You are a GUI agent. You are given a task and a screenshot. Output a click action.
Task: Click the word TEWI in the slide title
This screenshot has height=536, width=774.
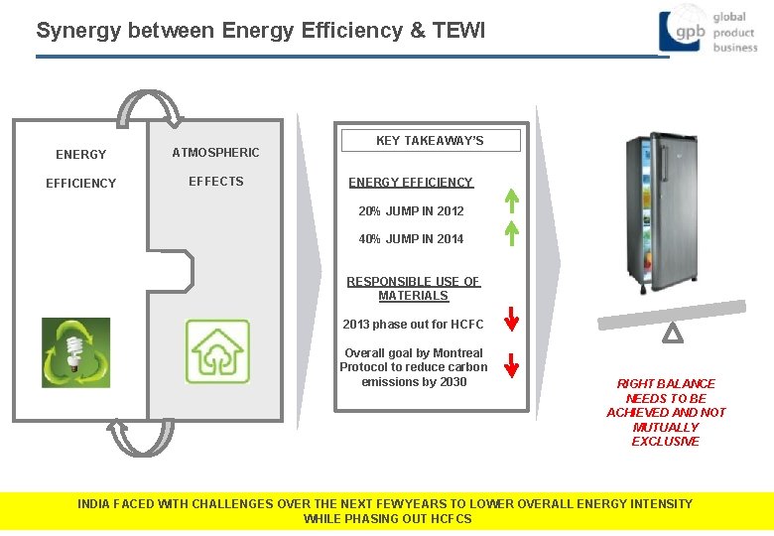tap(459, 31)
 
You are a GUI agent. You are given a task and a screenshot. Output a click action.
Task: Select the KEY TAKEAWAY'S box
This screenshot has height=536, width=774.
tap(430, 140)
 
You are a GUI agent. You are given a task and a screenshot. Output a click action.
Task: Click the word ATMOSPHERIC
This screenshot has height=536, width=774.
tap(215, 152)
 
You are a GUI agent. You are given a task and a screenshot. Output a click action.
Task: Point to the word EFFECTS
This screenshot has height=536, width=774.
tap(215, 182)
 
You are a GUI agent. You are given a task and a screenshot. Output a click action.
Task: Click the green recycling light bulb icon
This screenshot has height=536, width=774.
tap(75, 352)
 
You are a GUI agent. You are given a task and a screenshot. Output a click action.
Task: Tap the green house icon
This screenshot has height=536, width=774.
tap(218, 351)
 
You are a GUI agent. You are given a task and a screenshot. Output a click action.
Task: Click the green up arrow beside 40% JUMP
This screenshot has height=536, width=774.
tap(511, 232)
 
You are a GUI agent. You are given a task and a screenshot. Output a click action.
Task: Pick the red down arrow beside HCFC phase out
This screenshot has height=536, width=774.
tap(511, 320)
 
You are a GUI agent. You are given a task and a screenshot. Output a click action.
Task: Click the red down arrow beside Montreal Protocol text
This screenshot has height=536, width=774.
tap(511, 366)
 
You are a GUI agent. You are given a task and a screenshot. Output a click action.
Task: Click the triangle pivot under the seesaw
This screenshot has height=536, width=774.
tap(672, 335)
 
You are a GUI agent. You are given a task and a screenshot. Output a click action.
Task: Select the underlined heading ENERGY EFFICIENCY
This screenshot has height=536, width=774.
tap(411, 183)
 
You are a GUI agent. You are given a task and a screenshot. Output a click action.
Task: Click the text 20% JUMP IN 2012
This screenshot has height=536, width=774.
tap(411, 211)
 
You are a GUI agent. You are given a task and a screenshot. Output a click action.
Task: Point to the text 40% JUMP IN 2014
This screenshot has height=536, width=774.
tap(411, 238)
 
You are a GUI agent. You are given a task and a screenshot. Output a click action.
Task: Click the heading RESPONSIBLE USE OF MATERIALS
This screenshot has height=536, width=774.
tap(413, 289)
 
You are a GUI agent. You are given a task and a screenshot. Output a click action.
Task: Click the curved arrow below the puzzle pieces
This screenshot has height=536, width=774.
tap(141, 435)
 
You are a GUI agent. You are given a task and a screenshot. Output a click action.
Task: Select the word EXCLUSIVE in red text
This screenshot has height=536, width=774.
tap(665, 442)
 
